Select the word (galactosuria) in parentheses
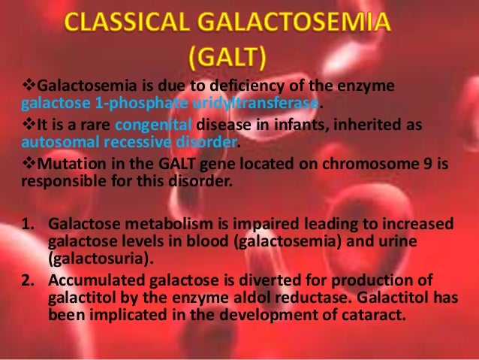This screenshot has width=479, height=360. coord(95,257)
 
